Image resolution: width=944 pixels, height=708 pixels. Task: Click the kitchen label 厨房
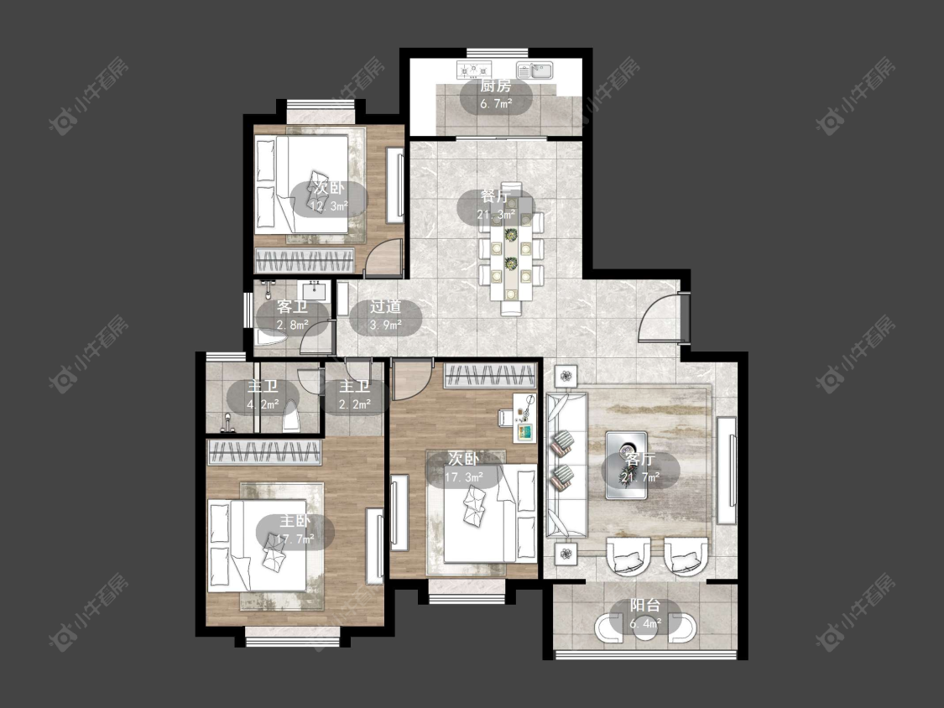coord(495,86)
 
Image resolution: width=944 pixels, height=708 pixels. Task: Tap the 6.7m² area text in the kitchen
coord(496,103)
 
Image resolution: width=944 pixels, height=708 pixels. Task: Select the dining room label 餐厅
coord(495,197)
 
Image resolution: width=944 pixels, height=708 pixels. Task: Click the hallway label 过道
coord(385,307)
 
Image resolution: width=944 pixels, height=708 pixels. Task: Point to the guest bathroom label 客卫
coord(293,307)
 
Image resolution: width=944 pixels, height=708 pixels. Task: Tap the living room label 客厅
coord(640,460)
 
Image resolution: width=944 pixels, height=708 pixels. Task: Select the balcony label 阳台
coord(645,606)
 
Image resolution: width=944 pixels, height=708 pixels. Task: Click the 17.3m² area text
coord(464,477)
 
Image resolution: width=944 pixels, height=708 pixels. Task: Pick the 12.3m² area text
coord(329,206)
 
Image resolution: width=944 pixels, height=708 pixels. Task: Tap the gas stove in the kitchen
coord(474,70)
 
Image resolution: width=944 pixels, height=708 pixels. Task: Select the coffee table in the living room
coord(626,465)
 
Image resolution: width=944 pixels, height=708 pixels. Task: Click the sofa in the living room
coord(566,466)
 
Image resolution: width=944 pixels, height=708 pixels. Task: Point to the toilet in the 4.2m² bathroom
coord(291,414)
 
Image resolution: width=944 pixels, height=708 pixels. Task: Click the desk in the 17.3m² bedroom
coord(524,418)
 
